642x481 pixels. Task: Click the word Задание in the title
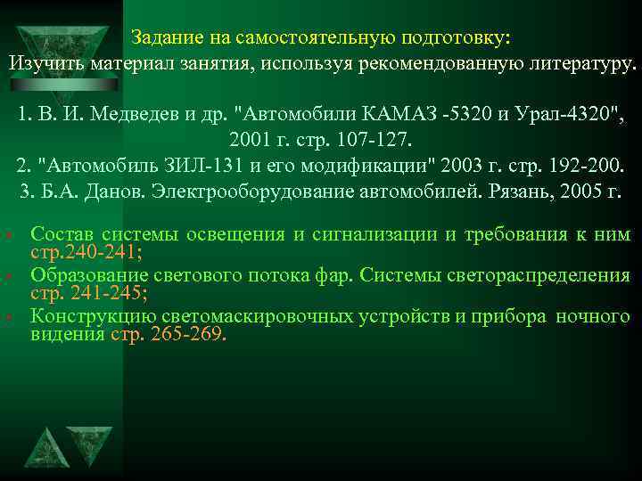(x=163, y=38)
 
